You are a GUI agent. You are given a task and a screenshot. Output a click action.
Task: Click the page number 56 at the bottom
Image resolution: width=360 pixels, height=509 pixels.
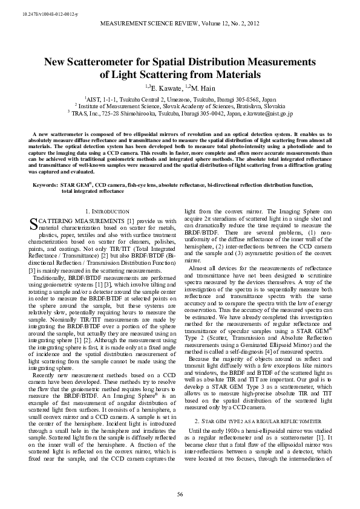point(180,494)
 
